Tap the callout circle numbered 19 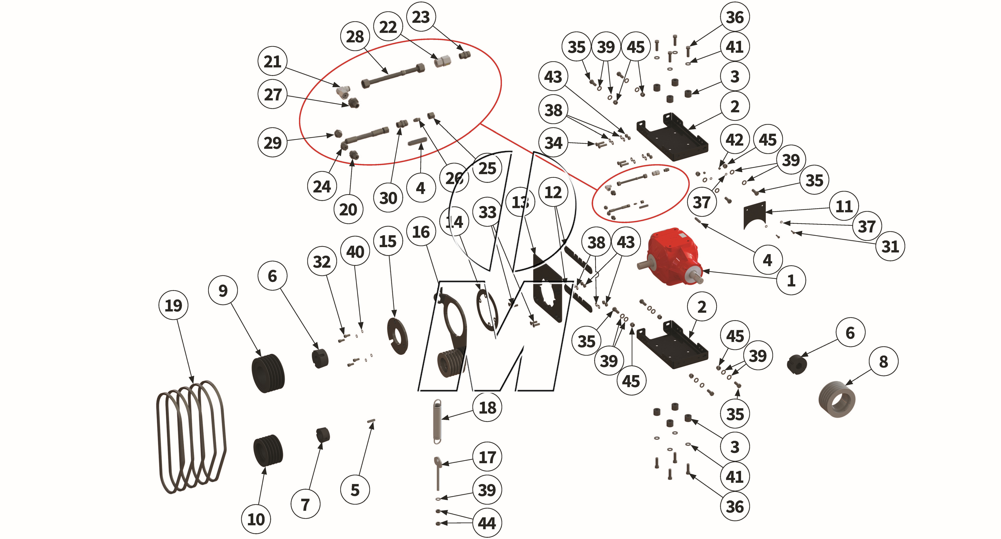(x=173, y=305)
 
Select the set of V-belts (x=191, y=437)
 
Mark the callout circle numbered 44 (x=487, y=523)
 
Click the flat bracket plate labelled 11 (x=754, y=215)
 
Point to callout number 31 (x=890, y=246)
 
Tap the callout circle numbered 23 (x=421, y=17)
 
